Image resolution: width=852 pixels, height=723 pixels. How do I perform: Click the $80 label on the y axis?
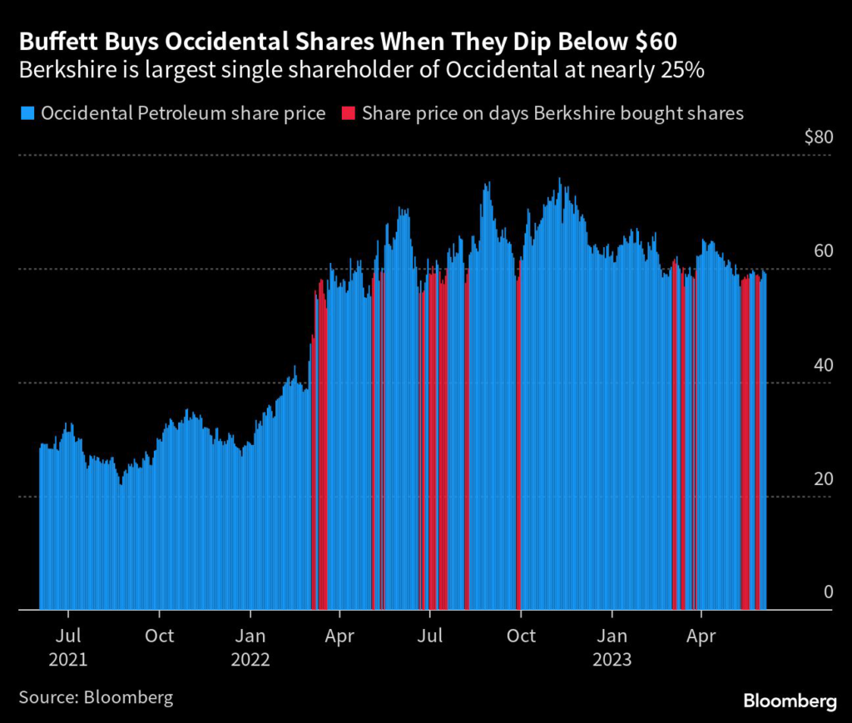tap(818, 136)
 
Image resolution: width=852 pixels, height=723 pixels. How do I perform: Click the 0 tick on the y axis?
tap(828, 592)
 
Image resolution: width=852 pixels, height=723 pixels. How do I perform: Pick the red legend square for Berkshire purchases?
tap(351, 114)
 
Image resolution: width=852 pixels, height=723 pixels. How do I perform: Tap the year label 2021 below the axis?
tap(69, 660)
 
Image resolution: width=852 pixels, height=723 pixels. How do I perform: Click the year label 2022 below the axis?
tap(250, 660)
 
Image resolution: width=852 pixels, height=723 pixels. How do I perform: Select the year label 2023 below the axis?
tap(612, 660)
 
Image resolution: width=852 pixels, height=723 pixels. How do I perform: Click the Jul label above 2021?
tap(69, 636)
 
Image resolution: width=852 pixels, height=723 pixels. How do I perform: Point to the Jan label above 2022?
tap(250, 636)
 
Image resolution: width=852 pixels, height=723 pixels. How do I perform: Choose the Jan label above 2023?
tap(612, 636)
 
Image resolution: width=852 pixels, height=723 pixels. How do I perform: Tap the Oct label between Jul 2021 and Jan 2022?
tap(159, 636)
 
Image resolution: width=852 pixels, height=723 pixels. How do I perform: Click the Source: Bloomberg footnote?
tap(96, 696)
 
